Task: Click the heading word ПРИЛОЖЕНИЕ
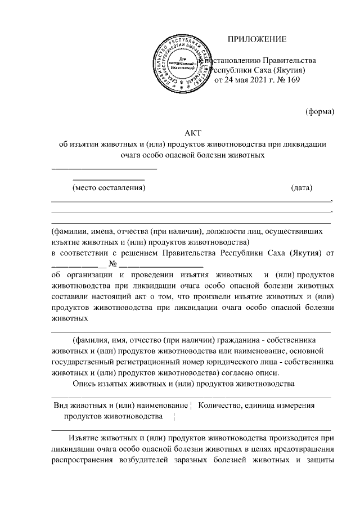(x=256, y=39)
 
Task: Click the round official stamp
(x=181, y=65)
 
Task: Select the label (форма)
(x=320, y=111)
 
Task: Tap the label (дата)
(x=301, y=187)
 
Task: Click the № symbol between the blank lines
(x=112, y=263)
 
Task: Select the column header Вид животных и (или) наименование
(x=120, y=404)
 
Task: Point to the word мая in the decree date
(x=238, y=80)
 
